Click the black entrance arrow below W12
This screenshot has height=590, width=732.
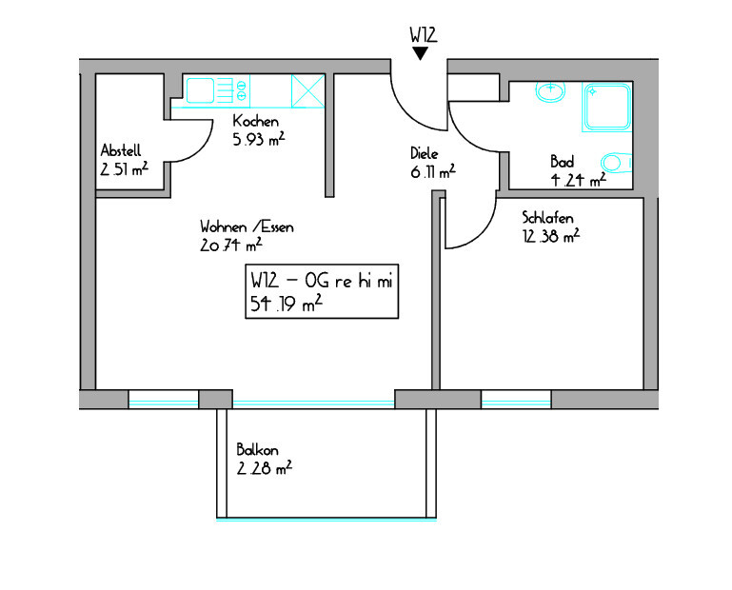point(420,53)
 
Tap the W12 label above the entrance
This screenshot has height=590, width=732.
point(424,35)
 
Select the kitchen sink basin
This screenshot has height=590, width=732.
point(200,90)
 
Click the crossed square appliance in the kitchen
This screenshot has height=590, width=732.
point(307,91)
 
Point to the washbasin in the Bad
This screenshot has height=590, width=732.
point(550,91)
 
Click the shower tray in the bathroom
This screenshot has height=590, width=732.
point(607,107)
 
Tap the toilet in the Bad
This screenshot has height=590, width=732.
point(616,163)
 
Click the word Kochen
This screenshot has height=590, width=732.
point(256,122)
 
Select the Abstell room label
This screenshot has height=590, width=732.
point(121,150)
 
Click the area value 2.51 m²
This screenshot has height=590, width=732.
point(124,168)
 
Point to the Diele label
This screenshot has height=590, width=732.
point(425,153)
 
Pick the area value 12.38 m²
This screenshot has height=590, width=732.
point(551,236)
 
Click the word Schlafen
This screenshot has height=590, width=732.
point(547,218)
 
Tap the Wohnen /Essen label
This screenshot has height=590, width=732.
point(247,226)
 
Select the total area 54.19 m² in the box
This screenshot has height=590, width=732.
point(287,304)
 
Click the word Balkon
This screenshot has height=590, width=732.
point(257,450)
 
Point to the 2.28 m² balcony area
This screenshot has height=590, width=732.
point(265,467)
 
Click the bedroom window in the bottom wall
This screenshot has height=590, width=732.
point(516,400)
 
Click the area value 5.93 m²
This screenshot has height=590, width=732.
point(259,139)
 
